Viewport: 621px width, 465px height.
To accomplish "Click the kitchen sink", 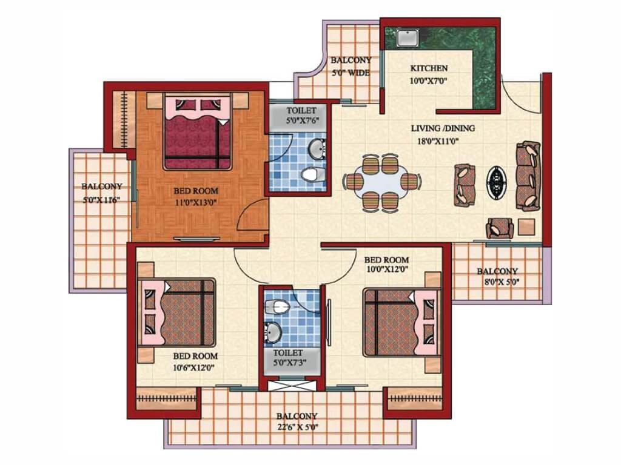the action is (x=407, y=37).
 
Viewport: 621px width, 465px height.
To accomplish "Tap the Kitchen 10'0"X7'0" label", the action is (x=429, y=74).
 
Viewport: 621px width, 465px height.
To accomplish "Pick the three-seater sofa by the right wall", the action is (x=528, y=176).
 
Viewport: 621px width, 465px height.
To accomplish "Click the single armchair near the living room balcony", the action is (x=500, y=228).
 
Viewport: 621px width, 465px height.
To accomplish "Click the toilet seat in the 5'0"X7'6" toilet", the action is (x=313, y=174).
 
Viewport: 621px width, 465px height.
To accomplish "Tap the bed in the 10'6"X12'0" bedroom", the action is (x=176, y=312).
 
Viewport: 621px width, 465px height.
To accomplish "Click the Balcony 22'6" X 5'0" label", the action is (x=297, y=421).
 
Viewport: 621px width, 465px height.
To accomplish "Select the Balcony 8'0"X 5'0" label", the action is (x=498, y=276).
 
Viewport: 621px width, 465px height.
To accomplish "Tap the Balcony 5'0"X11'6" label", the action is (x=102, y=193).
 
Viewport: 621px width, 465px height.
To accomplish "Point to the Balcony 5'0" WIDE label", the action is (x=351, y=67).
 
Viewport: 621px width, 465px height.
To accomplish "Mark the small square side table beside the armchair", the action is (x=527, y=228).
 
